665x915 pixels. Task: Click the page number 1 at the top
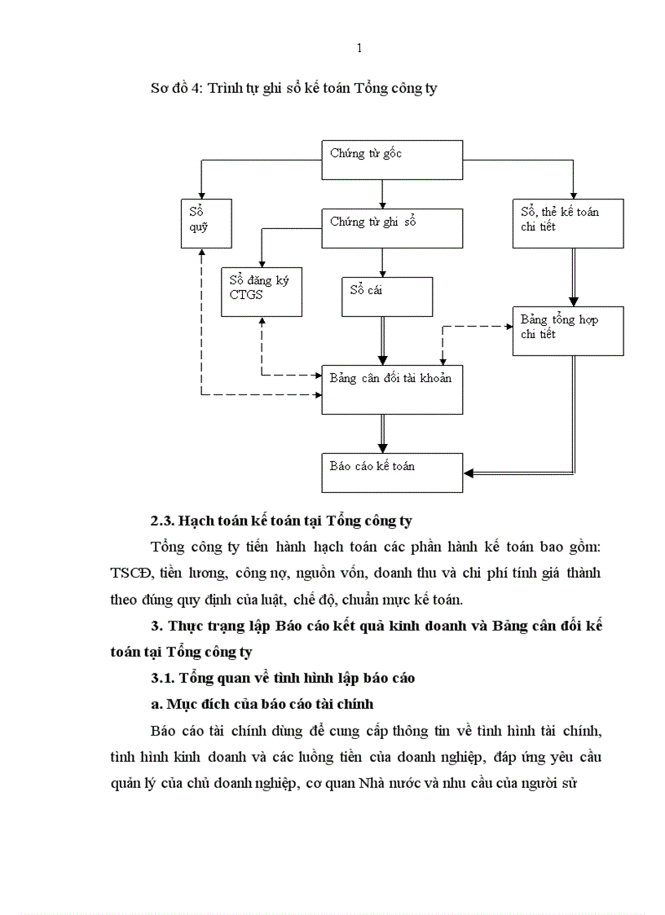click(359, 48)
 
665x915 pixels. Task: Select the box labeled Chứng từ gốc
click(392, 161)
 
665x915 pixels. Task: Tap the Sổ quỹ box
click(205, 223)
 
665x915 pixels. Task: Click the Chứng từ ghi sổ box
click(392, 228)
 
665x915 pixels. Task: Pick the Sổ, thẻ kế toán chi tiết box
click(567, 223)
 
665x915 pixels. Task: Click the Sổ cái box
click(386, 296)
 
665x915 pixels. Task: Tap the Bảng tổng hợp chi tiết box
click(567, 330)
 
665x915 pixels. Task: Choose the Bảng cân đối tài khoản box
click(392, 389)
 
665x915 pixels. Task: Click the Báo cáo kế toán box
click(392, 473)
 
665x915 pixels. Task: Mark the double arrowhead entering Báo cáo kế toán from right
click(469, 473)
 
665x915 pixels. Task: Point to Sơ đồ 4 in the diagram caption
click(174, 89)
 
